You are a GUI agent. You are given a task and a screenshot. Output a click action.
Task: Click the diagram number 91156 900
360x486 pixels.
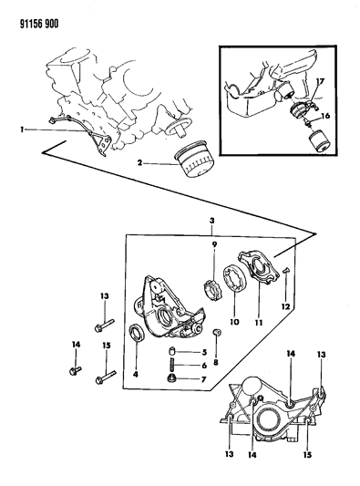pyautogui.click(x=39, y=24)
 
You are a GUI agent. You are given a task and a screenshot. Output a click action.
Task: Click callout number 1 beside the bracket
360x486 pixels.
pyautogui.click(x=22, y=130)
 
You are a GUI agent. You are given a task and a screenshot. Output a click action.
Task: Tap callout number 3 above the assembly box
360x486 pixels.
pyautogui.click(x=211, y=221)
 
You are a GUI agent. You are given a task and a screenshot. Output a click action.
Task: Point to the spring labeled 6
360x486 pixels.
pyautogui.click(x=173, y=366)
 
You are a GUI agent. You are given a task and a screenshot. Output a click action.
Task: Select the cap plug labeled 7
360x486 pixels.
pyautogui.click(x=171, y=378)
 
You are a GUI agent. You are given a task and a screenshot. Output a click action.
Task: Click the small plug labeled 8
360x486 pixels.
pyautogui.click(x=217, y=333)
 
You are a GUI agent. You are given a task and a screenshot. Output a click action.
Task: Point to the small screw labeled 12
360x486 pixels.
pyautogui.click(x=285, y=271)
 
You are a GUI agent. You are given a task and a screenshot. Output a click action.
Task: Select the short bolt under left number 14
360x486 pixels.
pyautogui.click(x=75, y=370)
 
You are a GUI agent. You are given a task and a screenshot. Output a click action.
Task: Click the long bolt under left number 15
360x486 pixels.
pyautogui.click(x=107, y=376)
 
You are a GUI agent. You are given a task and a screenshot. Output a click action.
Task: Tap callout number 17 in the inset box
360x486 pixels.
pyautogui.click(x=320, y=81)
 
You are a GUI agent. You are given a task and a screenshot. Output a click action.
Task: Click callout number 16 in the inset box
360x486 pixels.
pyautogui.click(x=325, y=116)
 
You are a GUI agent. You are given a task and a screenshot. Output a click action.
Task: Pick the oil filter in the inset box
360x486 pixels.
pyautogui.click(x=319, y=141)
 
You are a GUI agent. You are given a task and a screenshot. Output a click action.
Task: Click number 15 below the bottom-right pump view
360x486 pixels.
pyautogui.click(x=308, y=455)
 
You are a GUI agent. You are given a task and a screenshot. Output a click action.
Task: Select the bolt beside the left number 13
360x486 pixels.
pyautogui.click(x=105, y=324)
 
